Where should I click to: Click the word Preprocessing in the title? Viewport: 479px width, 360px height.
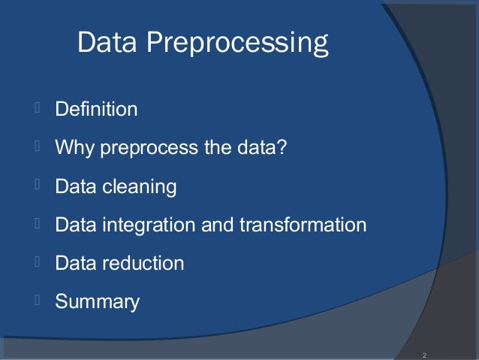pos(237,45)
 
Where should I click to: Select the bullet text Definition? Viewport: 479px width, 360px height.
pos(96,110)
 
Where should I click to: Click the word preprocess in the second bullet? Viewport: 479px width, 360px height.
pos(149,148)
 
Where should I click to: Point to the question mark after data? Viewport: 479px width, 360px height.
pos(282,147)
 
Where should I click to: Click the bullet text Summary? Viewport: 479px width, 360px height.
pos(97,302)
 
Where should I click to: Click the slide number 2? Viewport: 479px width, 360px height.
pos(424,355)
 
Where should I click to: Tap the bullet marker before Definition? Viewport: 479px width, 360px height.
pos(35,109)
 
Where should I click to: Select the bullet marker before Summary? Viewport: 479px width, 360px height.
pos(35,301)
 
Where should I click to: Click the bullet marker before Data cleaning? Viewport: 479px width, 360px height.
pos(35,186)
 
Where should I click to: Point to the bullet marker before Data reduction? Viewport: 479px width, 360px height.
pos(35,262)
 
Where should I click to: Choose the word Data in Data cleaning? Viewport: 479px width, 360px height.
pos(74,186)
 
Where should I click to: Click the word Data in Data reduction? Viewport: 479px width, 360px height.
pos(74,263)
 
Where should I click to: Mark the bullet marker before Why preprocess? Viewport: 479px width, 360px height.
pos(35,147)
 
